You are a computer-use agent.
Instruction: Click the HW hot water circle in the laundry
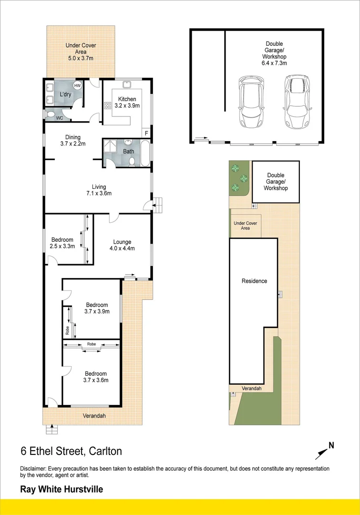pos(77,85)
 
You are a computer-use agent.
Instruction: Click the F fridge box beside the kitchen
pos(146,133)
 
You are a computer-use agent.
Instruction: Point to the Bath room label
pos(129,152)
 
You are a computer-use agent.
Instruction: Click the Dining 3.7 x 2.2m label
pos(73,141)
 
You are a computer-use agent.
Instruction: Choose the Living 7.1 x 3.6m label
pos(99,190)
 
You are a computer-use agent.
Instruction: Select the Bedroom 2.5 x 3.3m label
pos(62,243)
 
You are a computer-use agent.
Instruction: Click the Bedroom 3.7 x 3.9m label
pos(97,308)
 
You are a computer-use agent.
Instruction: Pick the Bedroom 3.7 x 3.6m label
pos(96,377)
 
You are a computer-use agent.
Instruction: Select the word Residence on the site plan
pos(254,281)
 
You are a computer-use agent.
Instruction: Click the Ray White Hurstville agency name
pos(61,489)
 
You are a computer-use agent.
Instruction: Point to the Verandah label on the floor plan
pos(94,416)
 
